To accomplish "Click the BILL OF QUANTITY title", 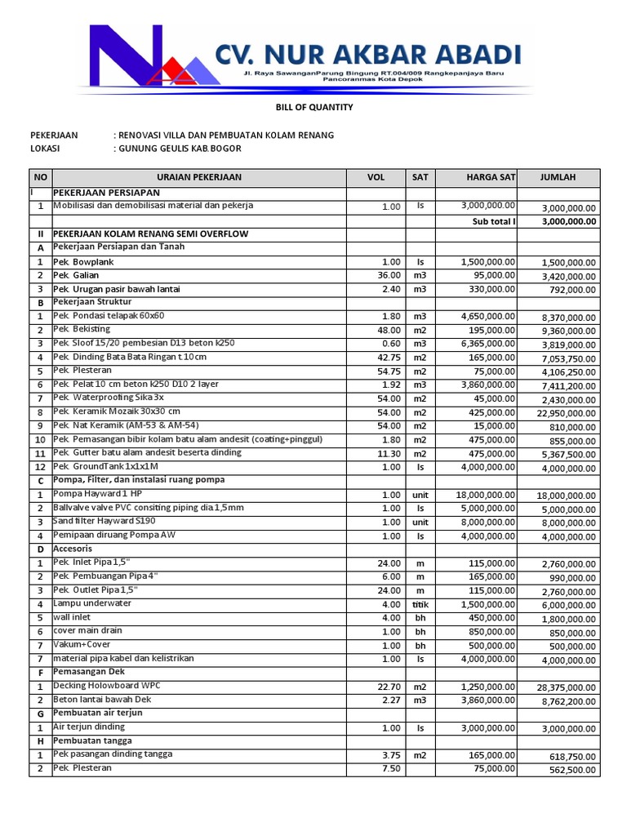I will coord(313,107).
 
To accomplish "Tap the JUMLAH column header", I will coord(558,177).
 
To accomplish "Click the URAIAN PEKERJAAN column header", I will coord(199,177).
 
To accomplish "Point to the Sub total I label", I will coord(493,221).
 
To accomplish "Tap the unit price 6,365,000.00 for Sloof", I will coord(487,344).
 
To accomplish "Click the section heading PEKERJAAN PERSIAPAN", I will coord(106,192).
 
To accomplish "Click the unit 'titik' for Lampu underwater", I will coord(420,605).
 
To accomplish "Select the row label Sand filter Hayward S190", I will coord(104,522).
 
